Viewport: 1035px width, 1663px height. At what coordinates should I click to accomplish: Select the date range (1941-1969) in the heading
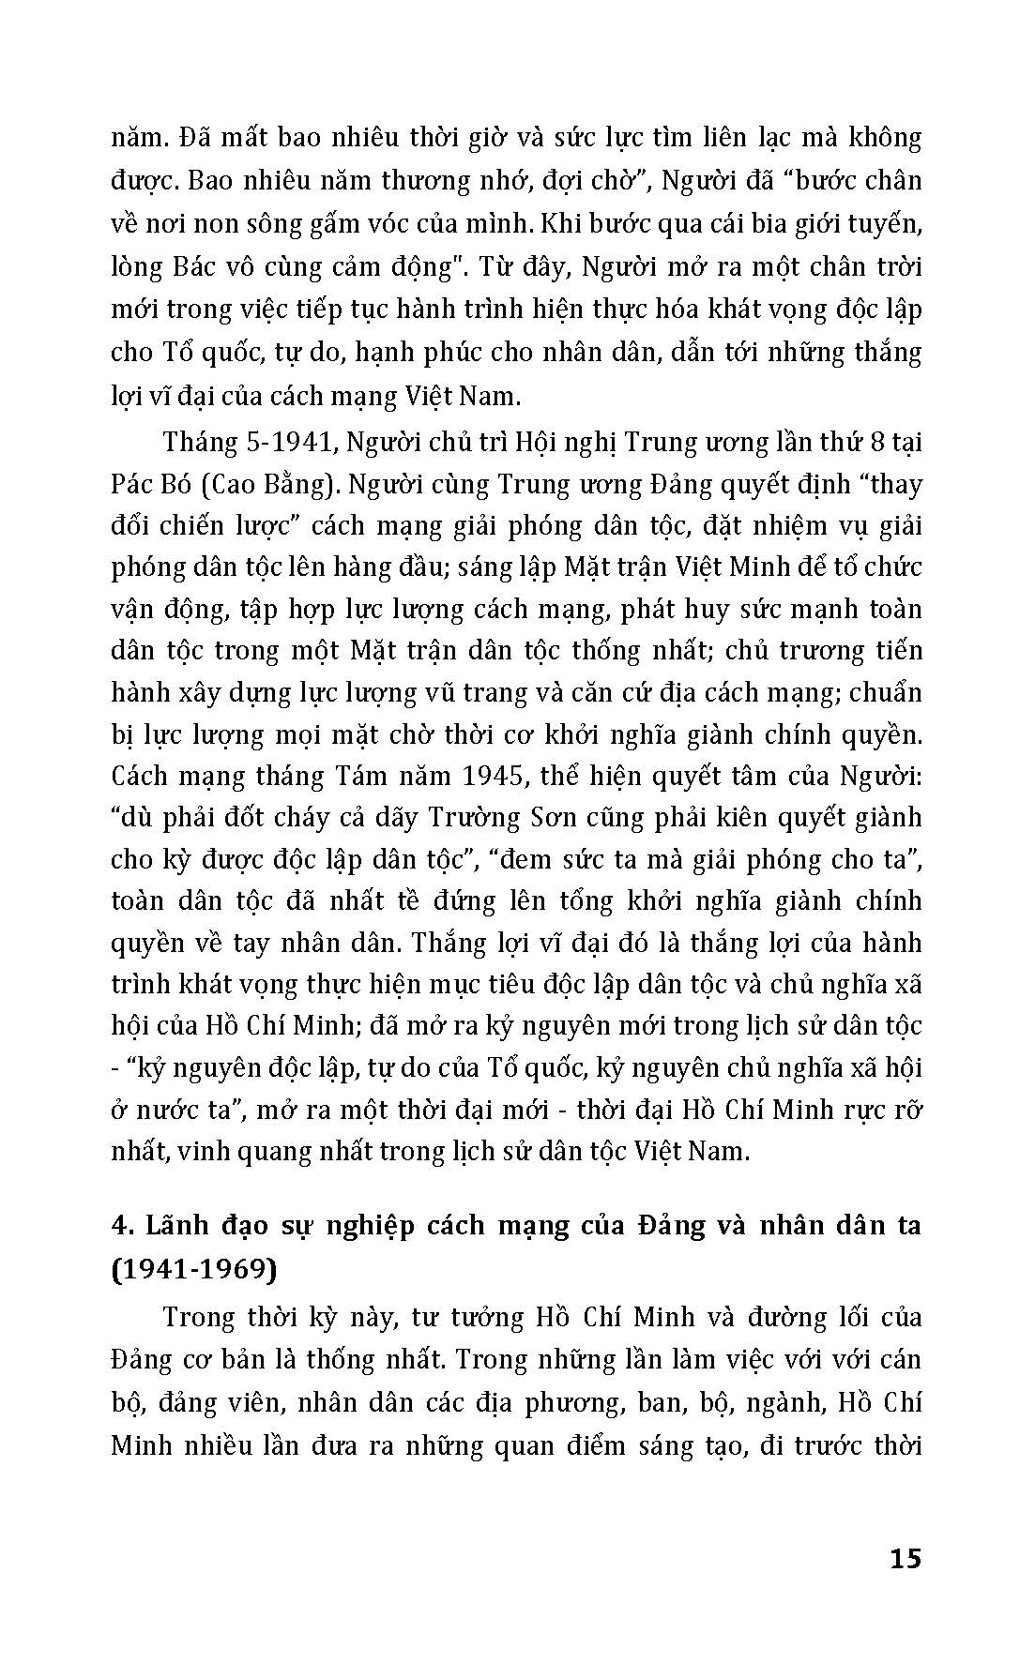(194, 1269)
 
